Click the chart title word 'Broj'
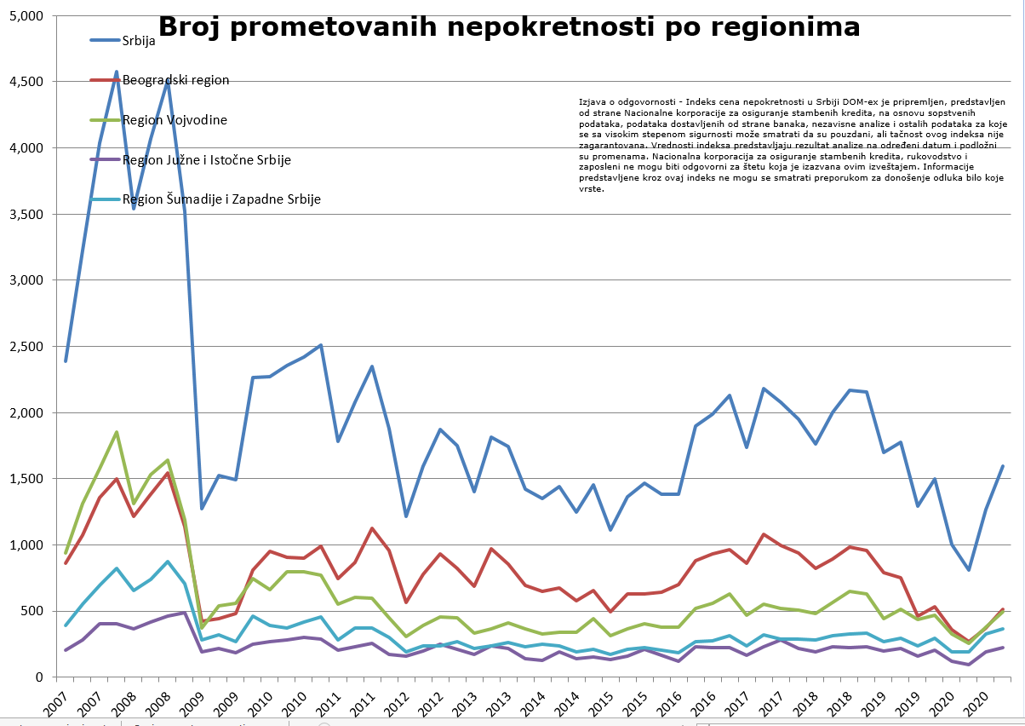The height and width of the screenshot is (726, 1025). (193, 27)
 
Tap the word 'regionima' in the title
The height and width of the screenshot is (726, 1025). (781, 27)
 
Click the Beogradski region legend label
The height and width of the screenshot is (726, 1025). (175, 80)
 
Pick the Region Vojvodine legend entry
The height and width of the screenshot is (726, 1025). (175, 119)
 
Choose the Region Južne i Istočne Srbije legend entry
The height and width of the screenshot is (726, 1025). (207, 159)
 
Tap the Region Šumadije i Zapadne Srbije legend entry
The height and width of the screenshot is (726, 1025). (221, 199)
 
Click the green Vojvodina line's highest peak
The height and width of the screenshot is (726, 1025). (117, 432)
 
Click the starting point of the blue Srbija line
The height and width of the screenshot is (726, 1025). (66, 360)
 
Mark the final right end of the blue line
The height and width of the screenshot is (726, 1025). (1003, 466)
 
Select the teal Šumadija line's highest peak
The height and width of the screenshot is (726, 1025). (168, 562)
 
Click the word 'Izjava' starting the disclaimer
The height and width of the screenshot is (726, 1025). (589, 101)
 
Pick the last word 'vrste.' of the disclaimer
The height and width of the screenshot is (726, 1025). (591, 190)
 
